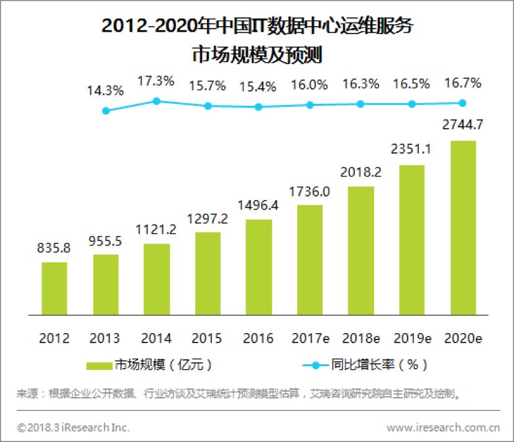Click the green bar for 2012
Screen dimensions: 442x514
coord(55,288)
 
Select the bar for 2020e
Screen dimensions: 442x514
coord(463,228)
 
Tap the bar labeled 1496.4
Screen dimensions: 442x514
coord(259,267)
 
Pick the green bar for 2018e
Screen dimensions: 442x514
coord(361,251)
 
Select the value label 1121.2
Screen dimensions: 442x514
coord(157,229)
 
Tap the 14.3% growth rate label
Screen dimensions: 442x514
coord(106,90)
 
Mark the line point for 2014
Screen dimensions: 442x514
coord(157,101)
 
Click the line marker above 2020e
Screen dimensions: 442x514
coord(463,103)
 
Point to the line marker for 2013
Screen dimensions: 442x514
coord(106,111)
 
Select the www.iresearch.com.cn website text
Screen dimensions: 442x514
coord(443,428)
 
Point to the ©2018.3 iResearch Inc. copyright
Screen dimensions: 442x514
coord(73,428)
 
